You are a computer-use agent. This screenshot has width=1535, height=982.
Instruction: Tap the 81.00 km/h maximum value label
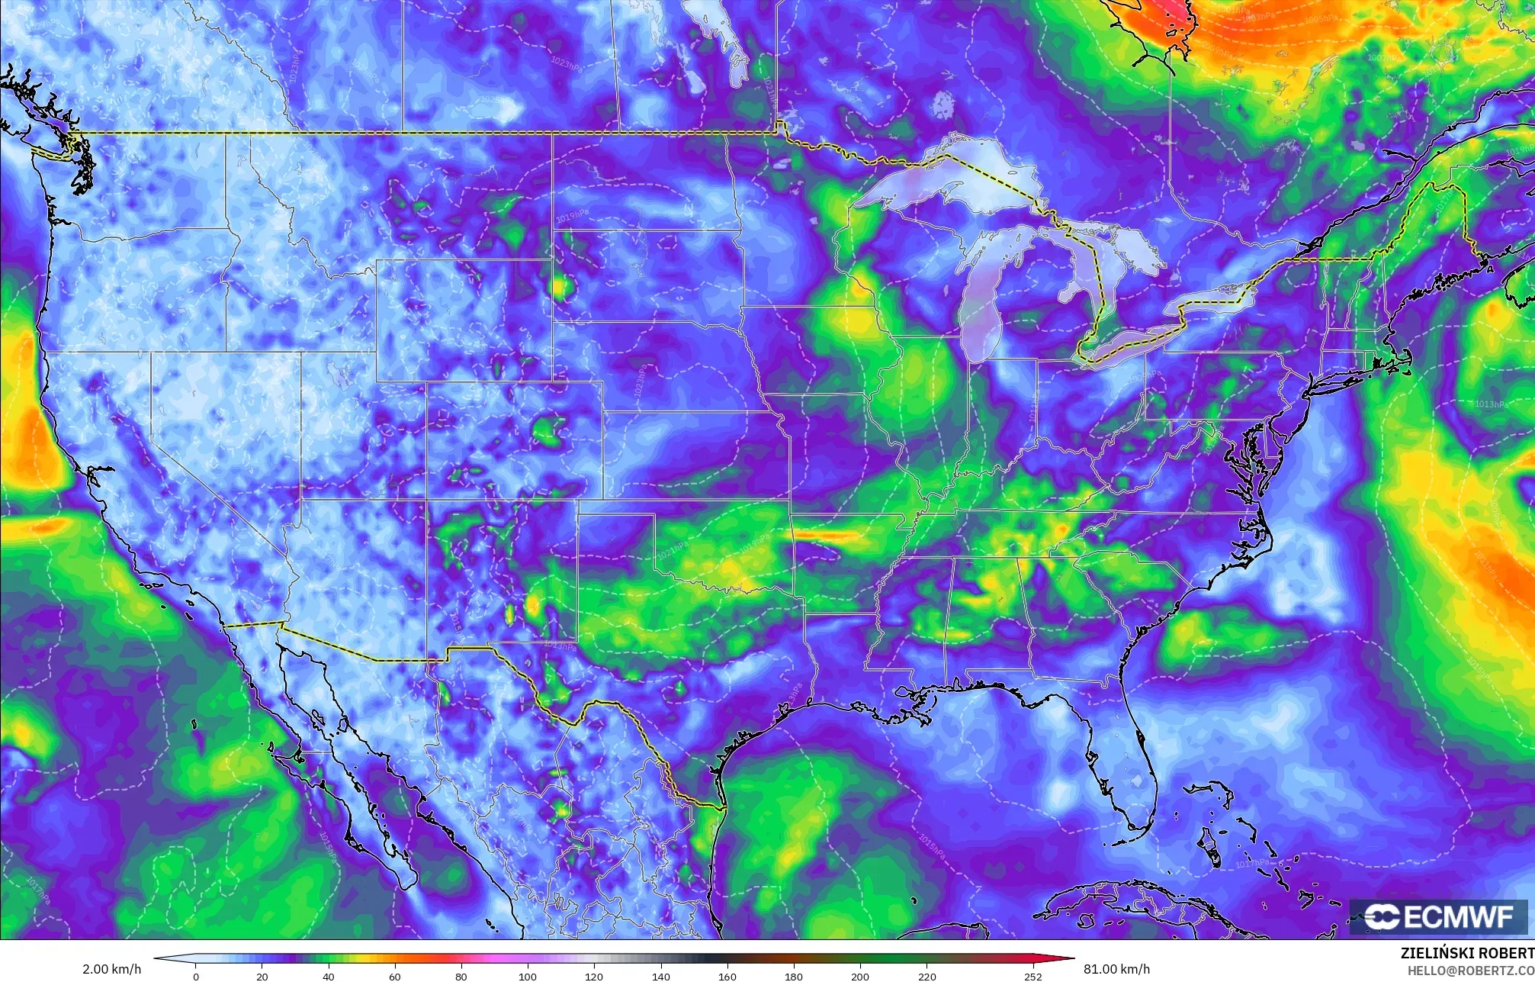[x=1116, y=969]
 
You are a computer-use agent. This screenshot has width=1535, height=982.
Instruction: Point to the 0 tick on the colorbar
[x=196, y=977]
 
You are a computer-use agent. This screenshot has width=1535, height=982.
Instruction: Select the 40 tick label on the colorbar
[x=329, y=977]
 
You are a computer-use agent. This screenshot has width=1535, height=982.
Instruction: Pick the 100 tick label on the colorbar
[x=528, y=977]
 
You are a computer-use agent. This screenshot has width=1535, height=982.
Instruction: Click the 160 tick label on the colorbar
[x=727, y=977]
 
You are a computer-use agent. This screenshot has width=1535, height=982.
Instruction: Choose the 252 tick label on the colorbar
[x=1033, y=977]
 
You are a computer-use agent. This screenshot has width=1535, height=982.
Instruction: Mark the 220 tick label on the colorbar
[x=926, y=977]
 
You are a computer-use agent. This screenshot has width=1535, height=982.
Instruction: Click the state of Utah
[x=362, y=427]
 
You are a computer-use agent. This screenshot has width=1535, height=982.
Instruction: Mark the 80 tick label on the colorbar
[x=461, y=977]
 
